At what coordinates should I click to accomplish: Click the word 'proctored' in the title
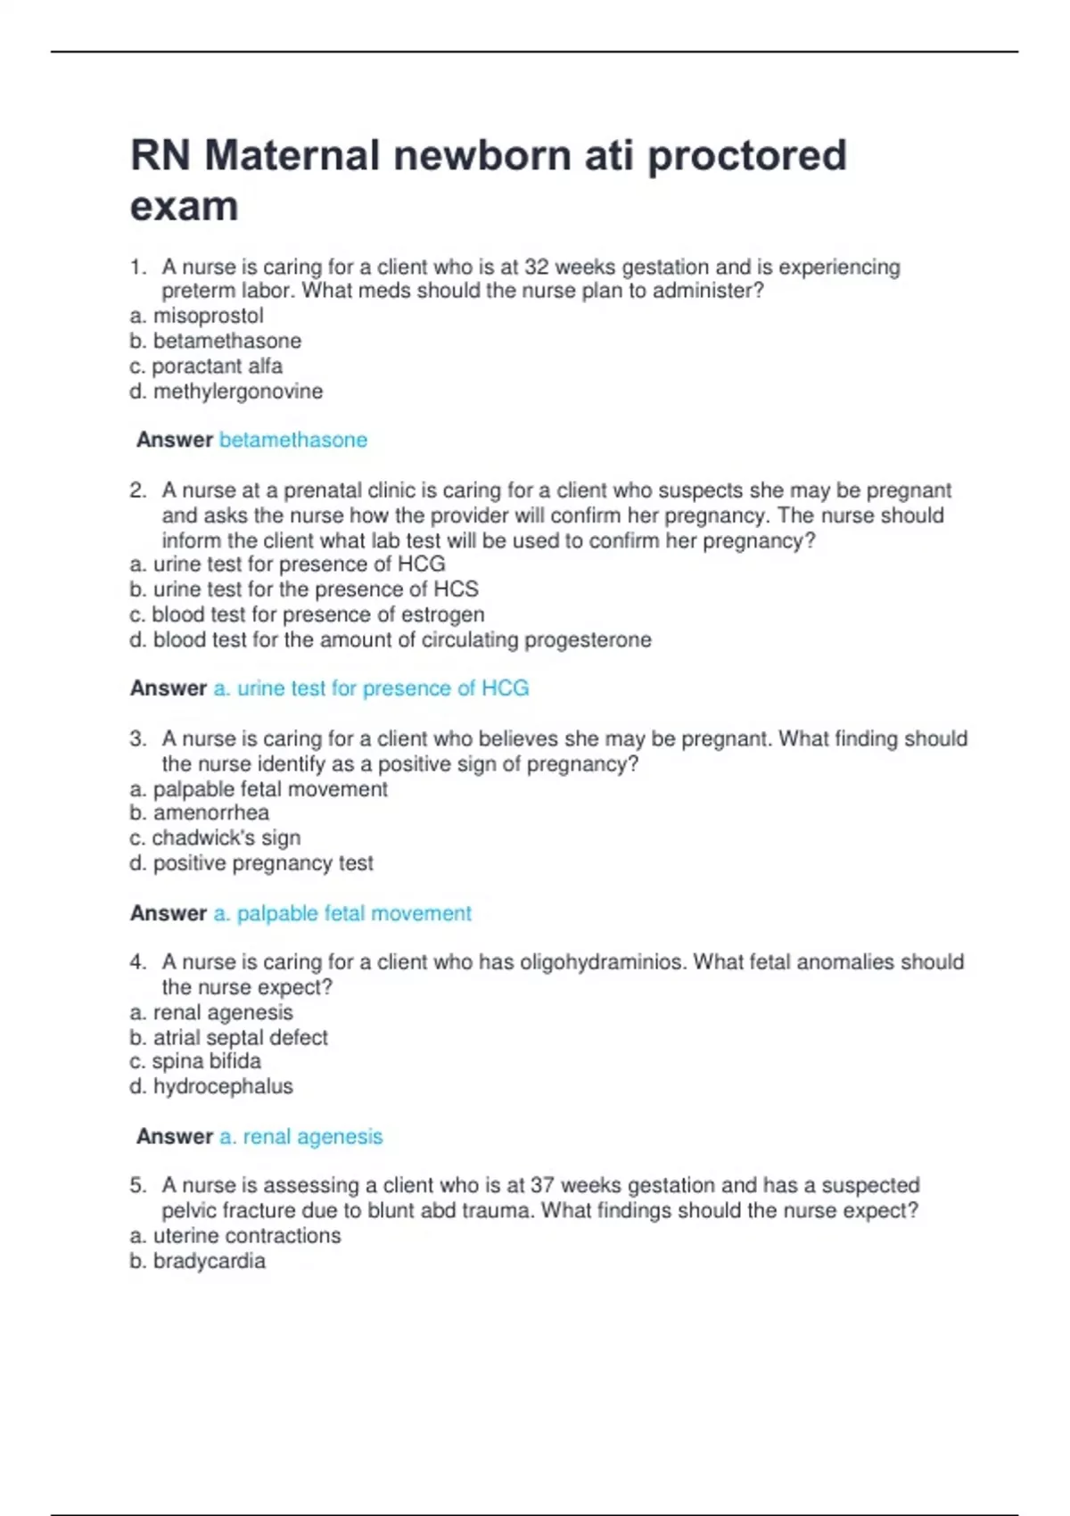pyautogui.click(x=746, y=156)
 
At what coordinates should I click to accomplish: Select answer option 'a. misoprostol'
pyautogui.click(x=196, y=316)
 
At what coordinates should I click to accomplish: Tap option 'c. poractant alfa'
pyautogui.click(x=206, y=367)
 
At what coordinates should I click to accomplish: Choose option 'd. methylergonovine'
pyautogui.click(x=226, y=391)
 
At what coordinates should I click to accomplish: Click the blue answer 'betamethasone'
pyautogui.click(x=292, y=440)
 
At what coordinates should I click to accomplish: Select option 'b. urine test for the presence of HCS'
pyautogui.click(x=304, y=589)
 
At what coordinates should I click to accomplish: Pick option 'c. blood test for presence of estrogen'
pyautogui.click(x=307, y=614)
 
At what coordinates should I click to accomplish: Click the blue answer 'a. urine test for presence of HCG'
pyautogui.click(x=371, y=688)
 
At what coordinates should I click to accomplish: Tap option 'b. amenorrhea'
pyautogui.click(x=199, y=812)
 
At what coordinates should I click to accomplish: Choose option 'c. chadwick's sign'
pyautogui.click(x=215, y=838)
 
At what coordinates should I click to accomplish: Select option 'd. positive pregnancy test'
pyautogui.click(x=251, y=863)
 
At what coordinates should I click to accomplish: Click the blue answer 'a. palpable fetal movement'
pyautogui.click(x=342, y=913)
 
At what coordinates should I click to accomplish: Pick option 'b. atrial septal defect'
pyautogui.click(x=228, y=1038)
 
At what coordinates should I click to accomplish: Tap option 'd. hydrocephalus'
pyautogui.click(x=210, y=1086)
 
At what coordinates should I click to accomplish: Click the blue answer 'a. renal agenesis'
pyautogui.click(x=300, y=1137)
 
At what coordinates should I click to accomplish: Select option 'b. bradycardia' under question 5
pyautogui.click(x=197, y=1261)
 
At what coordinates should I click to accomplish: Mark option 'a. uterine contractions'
pyautogui.click(x=235, y=1236)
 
